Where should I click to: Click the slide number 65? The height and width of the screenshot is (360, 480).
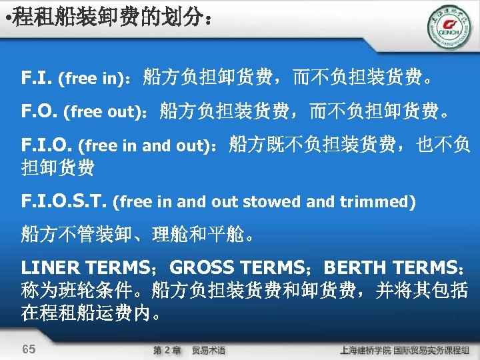click(29, 349)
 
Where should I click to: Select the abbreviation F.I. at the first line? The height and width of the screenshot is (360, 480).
click(37, 78)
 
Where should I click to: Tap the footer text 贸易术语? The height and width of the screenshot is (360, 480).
click(208, 350)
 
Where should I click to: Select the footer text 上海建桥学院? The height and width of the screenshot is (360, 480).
click(365, 350)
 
